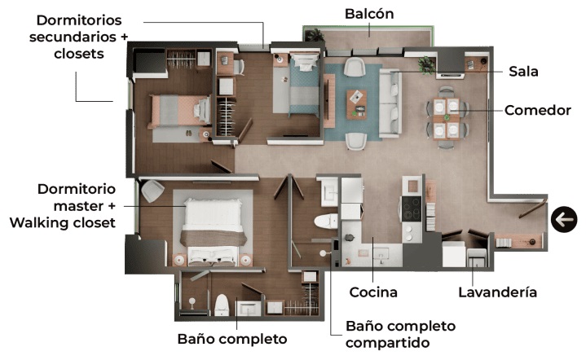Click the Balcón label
369,14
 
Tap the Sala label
523,72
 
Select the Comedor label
537,110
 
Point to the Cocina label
373,292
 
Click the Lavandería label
497,292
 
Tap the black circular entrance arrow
564,220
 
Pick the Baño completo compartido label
400,334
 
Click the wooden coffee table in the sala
356,104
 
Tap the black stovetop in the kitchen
412,209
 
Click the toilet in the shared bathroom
326,221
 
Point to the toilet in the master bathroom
221,305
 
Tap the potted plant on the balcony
315,35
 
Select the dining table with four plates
447,118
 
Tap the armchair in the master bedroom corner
152,191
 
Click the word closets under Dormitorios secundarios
79,54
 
